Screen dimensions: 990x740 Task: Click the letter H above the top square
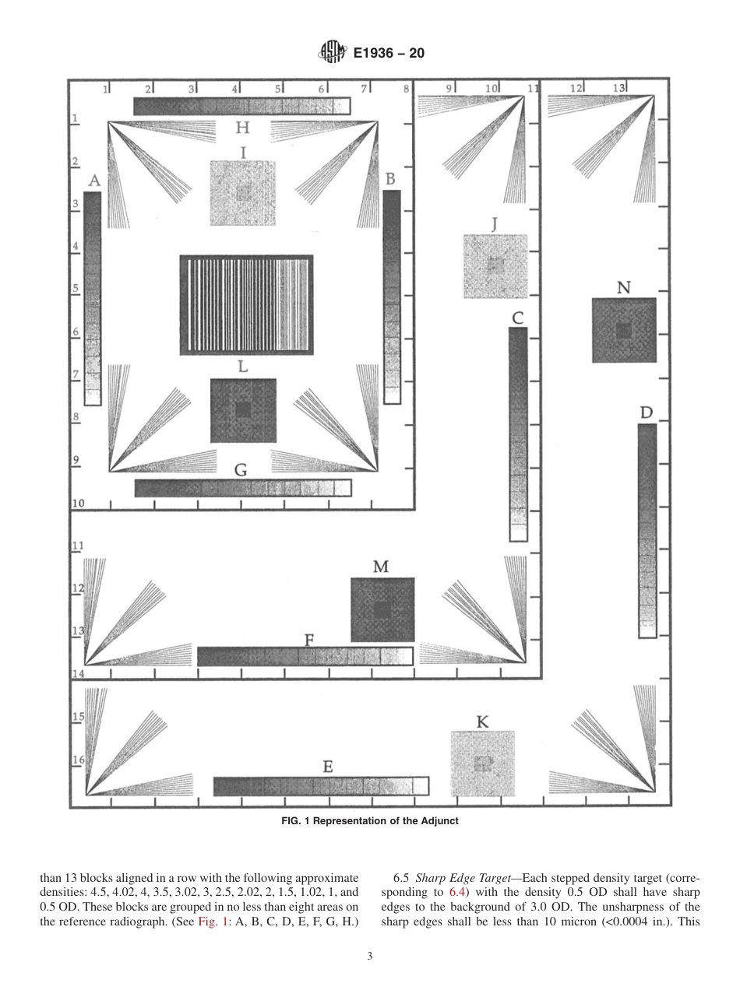click(x=242, y=128)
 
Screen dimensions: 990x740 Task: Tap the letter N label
click(x=623, y=287)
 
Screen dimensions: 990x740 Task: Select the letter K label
click(x=482, y=722)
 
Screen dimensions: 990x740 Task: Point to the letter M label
click(x=381, y=567)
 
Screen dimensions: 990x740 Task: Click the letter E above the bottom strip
click(x=328, y=767)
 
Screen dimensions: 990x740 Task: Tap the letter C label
click(x=517, y=317)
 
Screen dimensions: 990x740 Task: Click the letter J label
click(x=495, y=224)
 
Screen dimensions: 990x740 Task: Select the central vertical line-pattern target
click(x=246, y=304)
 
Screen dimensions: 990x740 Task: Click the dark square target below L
click(x=243, y=410)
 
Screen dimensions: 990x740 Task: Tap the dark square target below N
click(x=624, y=331)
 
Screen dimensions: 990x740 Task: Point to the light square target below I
click(x=242, y=193)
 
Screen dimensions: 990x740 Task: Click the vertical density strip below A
click(x=93, y=298)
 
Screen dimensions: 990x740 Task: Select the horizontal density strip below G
click(x=242, y=488)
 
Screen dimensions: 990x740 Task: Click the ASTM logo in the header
click(x=332, y=53)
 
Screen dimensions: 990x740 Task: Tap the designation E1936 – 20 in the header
click(x=389, y=53)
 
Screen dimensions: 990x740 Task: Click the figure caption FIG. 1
click(x=369, y=820)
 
